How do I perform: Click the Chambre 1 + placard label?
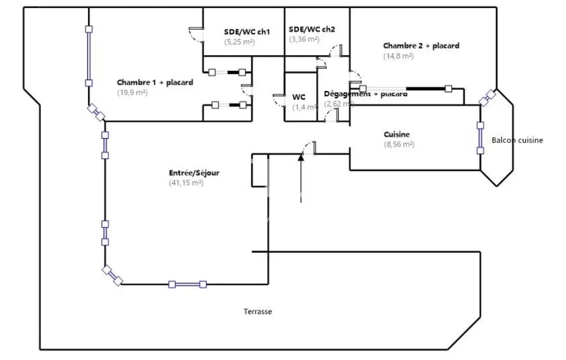tap(155, 82)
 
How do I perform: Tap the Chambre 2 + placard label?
tap(421, 46)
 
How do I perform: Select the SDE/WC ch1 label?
tap(247, 32)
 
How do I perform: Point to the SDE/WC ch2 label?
tap(312, 30)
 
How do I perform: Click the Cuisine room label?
tap(397, 134)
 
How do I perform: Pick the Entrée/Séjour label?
tap(194, 173)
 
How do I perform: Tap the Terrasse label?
tap(258, 312)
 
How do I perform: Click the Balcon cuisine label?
tap(517, 140)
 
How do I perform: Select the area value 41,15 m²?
tap(186, 183)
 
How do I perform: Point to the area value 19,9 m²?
tap(132, 92)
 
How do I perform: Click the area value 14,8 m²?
tap(398, 56)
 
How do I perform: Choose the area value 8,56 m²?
tap(399, 145)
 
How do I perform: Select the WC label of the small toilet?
tap(299, 97)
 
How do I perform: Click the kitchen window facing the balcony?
tap(480, 138)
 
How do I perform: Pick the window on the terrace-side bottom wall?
tap(187, 284)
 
